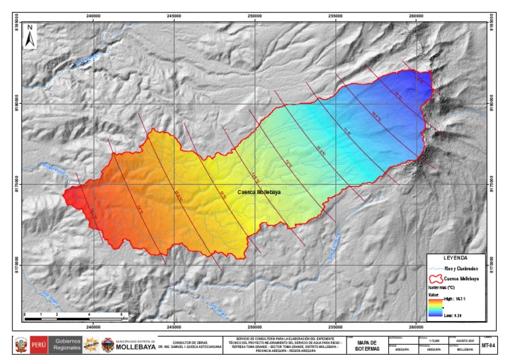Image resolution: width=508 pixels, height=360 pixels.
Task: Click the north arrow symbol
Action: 30,36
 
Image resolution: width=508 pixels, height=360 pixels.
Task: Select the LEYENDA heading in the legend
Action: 456,257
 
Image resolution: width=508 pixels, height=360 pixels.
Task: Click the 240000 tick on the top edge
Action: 93,17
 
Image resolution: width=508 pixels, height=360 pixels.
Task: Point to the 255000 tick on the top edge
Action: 335,17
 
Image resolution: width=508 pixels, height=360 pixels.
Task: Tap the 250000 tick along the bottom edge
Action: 255,326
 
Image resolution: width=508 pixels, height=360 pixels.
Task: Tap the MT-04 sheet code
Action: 489,345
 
